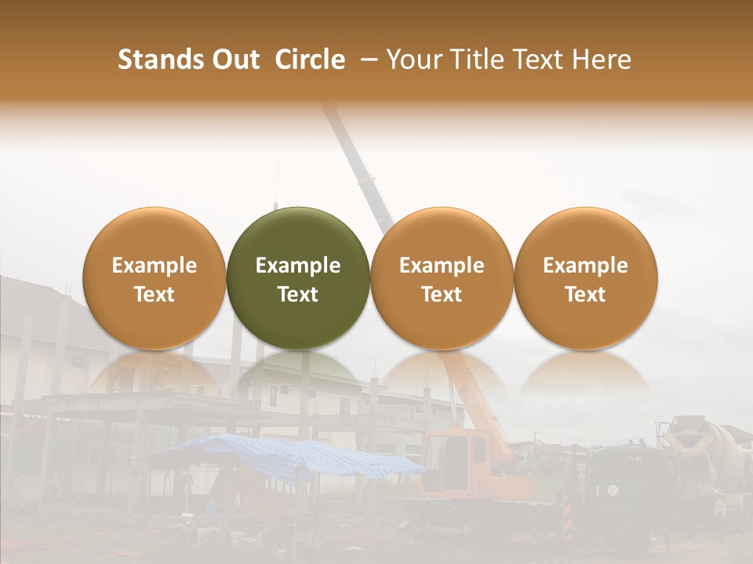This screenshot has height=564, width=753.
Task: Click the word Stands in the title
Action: pyautogui.click(x=162, y=60)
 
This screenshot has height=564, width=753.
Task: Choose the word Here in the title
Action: pyautogui.click(x=601, y=60)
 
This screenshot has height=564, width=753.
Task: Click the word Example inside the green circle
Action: pyautogui.click(x=298, y=266)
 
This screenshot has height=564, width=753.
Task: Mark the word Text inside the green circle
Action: pyautogui.click(x=298, y=295)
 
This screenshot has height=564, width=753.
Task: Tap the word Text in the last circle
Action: pyautogui.click(x=585, y=295)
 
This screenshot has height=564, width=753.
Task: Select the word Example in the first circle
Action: pyautogui.click(x=154, y=266)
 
